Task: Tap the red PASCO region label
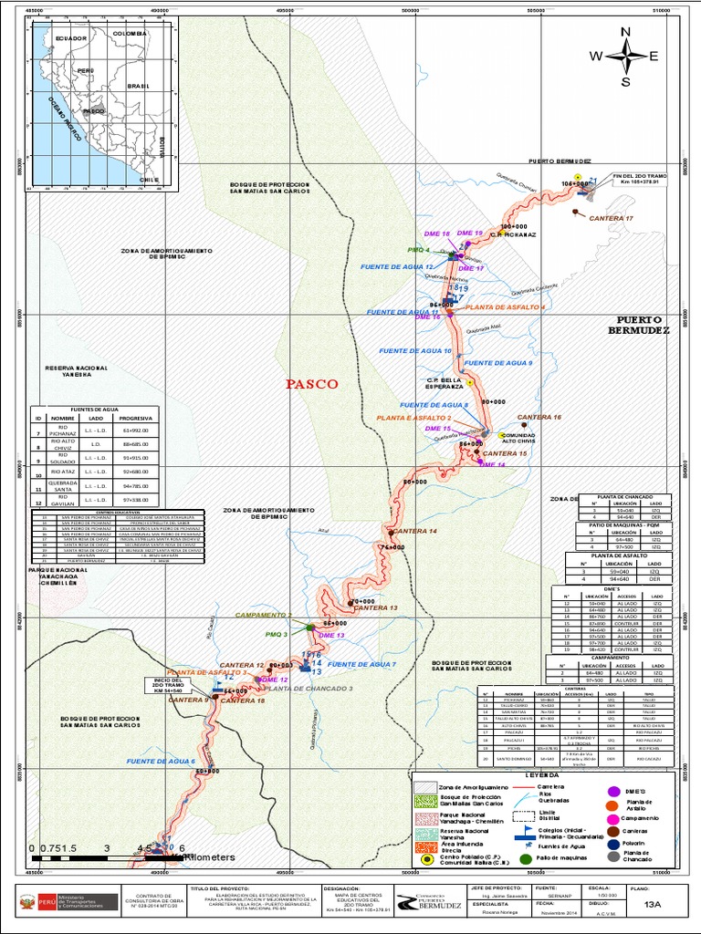[x=312, y=384]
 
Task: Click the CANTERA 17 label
[x=611, y=219]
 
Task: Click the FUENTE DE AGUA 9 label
[x=498, y=363]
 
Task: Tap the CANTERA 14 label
[x=415, y=531]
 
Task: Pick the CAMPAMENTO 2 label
[x=264, y=616]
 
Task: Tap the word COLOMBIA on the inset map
[x=129, y=33]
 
